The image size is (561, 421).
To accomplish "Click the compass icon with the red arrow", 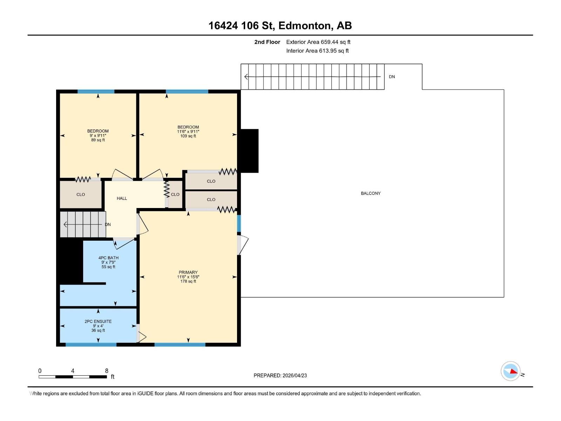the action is point(510,371).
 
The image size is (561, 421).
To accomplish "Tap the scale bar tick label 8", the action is point(107,370).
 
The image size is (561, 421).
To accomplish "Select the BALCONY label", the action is point(371,194).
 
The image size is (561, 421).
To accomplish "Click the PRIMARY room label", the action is point(188,273).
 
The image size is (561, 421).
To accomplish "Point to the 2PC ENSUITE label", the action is point(98,322).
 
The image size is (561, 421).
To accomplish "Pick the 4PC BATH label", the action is point(108,258).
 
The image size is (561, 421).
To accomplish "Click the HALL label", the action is point(122,198).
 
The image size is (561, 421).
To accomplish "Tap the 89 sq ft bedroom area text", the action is point(98,140).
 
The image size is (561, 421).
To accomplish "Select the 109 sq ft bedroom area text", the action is point(188,136).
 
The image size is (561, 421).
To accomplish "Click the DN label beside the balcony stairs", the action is point(392,77).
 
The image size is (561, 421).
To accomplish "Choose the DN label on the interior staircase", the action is point(108,225).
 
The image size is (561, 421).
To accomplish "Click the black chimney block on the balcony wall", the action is point(249,151).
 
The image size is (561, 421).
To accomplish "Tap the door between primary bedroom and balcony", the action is point(243,245).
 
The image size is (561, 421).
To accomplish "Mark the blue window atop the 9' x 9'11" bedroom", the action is point(96,92).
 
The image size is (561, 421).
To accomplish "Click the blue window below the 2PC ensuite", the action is point(91,345).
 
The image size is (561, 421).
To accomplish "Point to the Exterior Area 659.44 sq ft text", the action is point(318,42).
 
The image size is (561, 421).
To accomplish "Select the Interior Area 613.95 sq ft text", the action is point(317,51).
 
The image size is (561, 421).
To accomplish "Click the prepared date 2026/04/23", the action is point(295,375).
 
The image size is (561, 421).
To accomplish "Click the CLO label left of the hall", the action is point(81,194).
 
